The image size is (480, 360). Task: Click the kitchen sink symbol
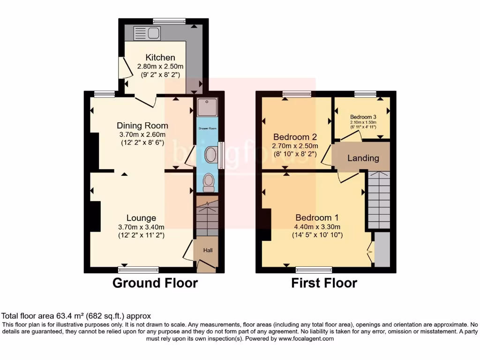147,33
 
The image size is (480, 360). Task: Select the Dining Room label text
142,125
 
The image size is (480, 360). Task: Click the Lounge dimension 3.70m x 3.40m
141,227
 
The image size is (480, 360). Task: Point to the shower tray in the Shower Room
205,108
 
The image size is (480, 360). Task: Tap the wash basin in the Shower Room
210,155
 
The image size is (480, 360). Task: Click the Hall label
208,250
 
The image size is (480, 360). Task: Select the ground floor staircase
207,218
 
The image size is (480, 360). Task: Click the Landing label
363,158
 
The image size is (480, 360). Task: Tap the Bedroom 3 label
363,117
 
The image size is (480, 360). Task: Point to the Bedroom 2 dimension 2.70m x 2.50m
295,146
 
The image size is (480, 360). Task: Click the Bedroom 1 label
317,218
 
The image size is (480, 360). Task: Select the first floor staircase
379,200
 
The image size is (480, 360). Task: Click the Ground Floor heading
155,283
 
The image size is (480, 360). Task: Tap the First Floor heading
324,283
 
